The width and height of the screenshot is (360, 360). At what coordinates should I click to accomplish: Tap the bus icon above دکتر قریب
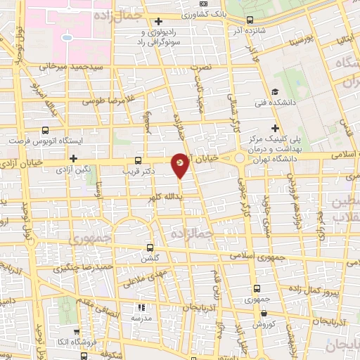click(137, 160)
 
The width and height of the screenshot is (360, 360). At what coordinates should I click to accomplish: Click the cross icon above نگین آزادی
click(73, 158)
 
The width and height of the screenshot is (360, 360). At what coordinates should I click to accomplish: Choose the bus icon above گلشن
click(149, 248)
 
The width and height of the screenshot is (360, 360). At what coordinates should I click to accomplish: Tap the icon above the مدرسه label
click(141, 307)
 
